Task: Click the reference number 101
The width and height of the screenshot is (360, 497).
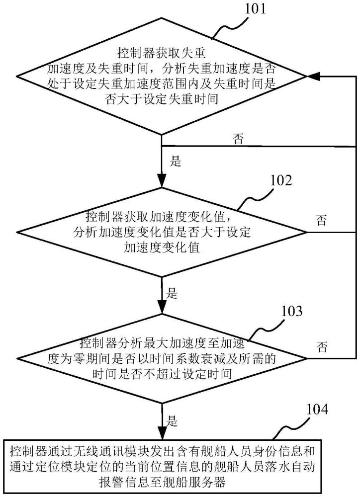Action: [255, 8]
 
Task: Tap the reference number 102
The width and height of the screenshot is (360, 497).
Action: [281, 180]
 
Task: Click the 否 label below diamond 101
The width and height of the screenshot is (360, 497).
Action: [239, 139]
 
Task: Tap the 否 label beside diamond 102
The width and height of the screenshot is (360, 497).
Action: [321, 220]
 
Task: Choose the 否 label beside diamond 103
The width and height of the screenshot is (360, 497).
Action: [322, 347]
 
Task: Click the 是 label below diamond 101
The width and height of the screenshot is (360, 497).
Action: [175, 161]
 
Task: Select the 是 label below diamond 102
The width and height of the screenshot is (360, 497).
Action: [172, 293]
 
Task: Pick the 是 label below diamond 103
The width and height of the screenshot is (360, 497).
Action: [172, 421]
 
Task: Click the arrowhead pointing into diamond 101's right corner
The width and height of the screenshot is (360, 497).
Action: [313, 76]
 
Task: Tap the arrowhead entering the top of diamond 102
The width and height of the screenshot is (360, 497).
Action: [162, 181]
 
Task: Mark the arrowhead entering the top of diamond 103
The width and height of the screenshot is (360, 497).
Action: [162, 308]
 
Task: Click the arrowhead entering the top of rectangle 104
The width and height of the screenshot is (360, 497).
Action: [162, 433]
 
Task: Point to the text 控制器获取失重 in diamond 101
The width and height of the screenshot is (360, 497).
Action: [162, 53]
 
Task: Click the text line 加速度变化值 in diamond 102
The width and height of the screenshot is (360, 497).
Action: [162, 247]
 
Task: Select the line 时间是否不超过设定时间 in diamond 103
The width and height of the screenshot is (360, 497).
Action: [162, 374]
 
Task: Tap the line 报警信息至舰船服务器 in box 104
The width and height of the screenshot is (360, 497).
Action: [162, 482]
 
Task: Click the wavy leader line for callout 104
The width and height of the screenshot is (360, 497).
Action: [288, 426]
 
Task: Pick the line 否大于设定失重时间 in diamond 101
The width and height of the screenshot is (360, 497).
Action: [162, 99]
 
